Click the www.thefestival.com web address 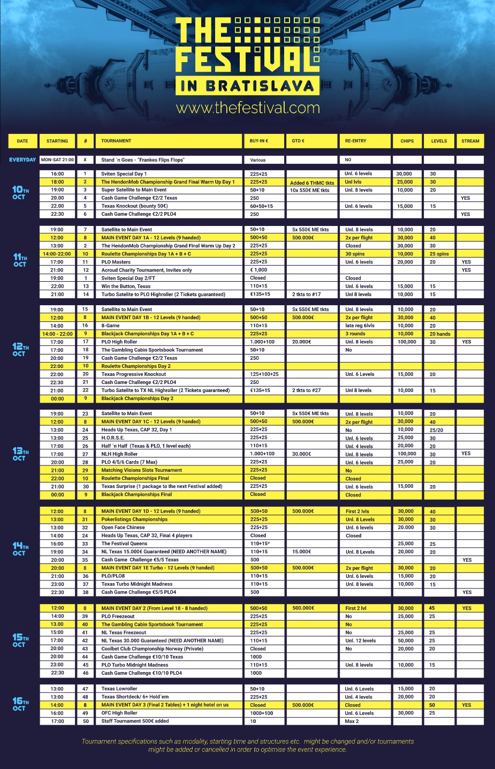pyautogui.click(x=248, y=108)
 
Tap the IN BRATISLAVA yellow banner pyautogui.click(x=247, y=86)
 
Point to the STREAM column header pyautogui.click(x=470, y=141)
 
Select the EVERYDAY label pyautogui.click(x=22, y=160)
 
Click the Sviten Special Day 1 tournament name pyautogui.click(x=124, y=174)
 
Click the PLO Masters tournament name pyautogui.click(x=116, y=262)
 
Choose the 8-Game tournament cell pyautogui.click(x=111, y=326)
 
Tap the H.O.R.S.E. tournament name pyautogui.click(x=113, y=438)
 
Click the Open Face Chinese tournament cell pyautogui.click(x=123, y=527)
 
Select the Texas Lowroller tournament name pyautogui.click(x=119, y=689)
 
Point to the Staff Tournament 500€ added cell pyautogui.click(x=135, y=721)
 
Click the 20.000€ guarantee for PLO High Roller pyautogui.click(x=302, y=342)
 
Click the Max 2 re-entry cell pyautogui.click(x=352, y=721)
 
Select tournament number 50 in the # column pyautogui.click(x=85, y=721)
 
